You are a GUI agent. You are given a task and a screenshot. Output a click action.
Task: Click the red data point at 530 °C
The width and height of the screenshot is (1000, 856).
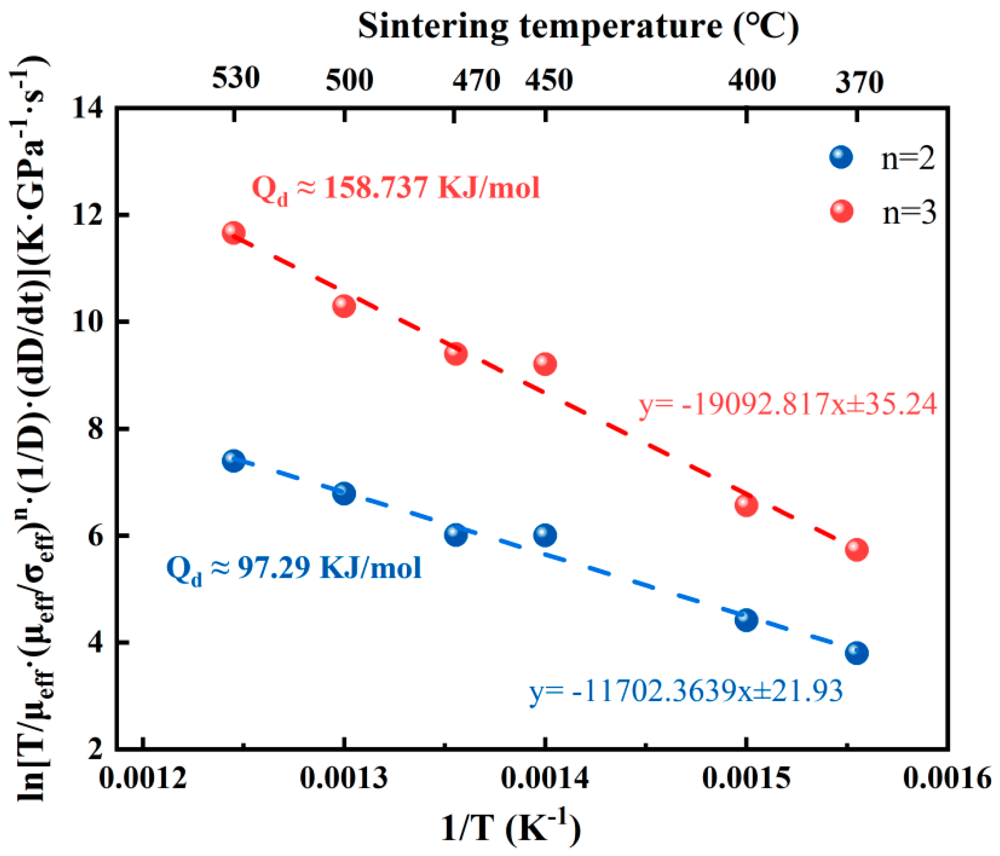pos(234,233)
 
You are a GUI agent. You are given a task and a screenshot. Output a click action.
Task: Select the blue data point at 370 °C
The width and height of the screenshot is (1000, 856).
pos(857,653)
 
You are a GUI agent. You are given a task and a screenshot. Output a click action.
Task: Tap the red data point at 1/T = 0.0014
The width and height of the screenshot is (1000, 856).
pos(545,363)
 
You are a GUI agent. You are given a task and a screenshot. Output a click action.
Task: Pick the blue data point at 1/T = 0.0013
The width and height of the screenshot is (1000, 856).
pos(344,494)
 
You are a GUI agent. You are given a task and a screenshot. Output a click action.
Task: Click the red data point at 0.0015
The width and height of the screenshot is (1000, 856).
pos(746,505)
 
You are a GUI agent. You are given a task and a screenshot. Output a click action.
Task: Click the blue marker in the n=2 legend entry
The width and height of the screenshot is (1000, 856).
pos(841,157)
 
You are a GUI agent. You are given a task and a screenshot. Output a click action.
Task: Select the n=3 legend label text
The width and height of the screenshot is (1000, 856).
pos(909,212)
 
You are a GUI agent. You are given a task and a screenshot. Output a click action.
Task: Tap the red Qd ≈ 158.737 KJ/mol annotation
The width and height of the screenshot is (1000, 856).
pos(396,188)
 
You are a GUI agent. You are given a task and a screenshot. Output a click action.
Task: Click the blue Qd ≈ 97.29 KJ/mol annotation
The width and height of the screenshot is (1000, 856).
pos(294,569)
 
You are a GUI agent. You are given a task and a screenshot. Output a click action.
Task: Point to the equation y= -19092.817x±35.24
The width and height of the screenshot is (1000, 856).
pos(787,404)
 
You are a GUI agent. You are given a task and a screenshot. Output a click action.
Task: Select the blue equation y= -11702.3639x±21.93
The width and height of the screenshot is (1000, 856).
pos(686,691)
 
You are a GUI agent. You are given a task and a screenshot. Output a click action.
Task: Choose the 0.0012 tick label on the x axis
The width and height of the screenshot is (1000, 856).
pos(143,778)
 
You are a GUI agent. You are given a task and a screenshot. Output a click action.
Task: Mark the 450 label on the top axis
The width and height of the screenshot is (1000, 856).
pos(549,80)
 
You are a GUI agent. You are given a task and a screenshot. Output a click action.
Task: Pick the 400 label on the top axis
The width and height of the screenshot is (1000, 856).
pos(752,80)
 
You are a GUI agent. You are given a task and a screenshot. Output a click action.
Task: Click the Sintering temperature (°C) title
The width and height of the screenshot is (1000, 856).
pos(578,27)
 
